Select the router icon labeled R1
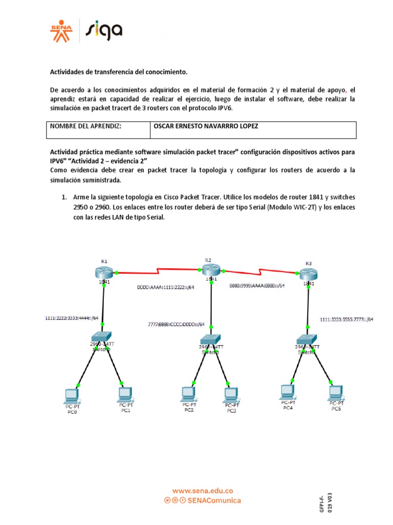click(104, 272)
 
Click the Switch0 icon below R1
click(104, 338)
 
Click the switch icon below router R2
click(210, 339)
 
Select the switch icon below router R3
click(308, 339)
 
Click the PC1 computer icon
click(124, 394)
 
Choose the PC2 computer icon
click(188, 394)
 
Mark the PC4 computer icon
click(287, 392)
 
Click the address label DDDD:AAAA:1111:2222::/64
click(165, 288)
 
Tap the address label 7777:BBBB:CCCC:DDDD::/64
click(176, 325)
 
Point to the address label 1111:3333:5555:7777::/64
click(346, 319)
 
